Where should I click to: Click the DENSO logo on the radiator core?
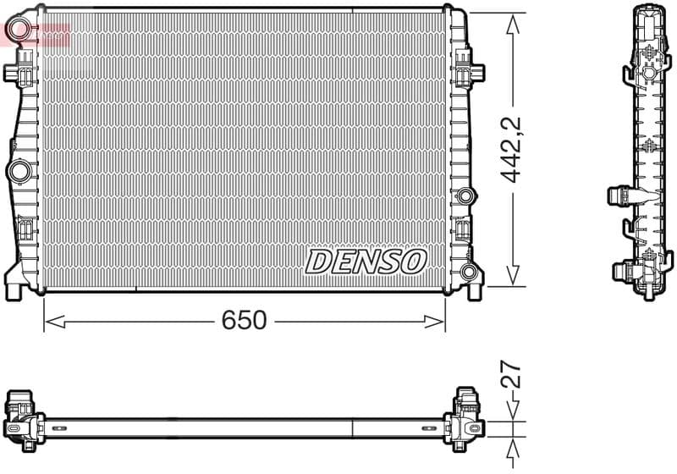(365, 261)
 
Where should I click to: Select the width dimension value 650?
(244, 321)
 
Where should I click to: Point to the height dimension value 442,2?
(511, 150)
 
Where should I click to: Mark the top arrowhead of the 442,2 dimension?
(511, 22)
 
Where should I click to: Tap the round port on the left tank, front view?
(18, 172)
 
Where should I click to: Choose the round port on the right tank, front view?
(464, 197)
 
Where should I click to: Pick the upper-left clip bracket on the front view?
(17, 71)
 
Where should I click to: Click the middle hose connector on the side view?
(619, 196)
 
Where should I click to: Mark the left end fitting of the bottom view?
(21, 415)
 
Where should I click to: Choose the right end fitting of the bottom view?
(466, 415)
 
